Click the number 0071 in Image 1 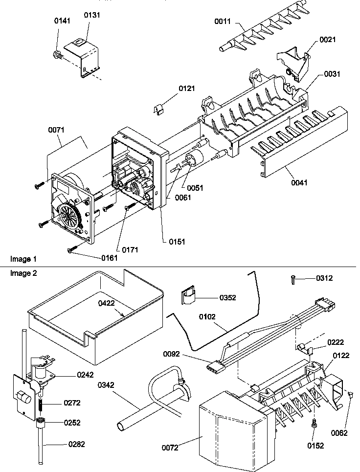click(x=57, y=130)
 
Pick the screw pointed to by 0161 click(x=71, y=250)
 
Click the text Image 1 click(x=23, y=258)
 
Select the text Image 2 click(x=23, y=273)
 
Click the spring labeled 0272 click(x=42, y=403)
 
